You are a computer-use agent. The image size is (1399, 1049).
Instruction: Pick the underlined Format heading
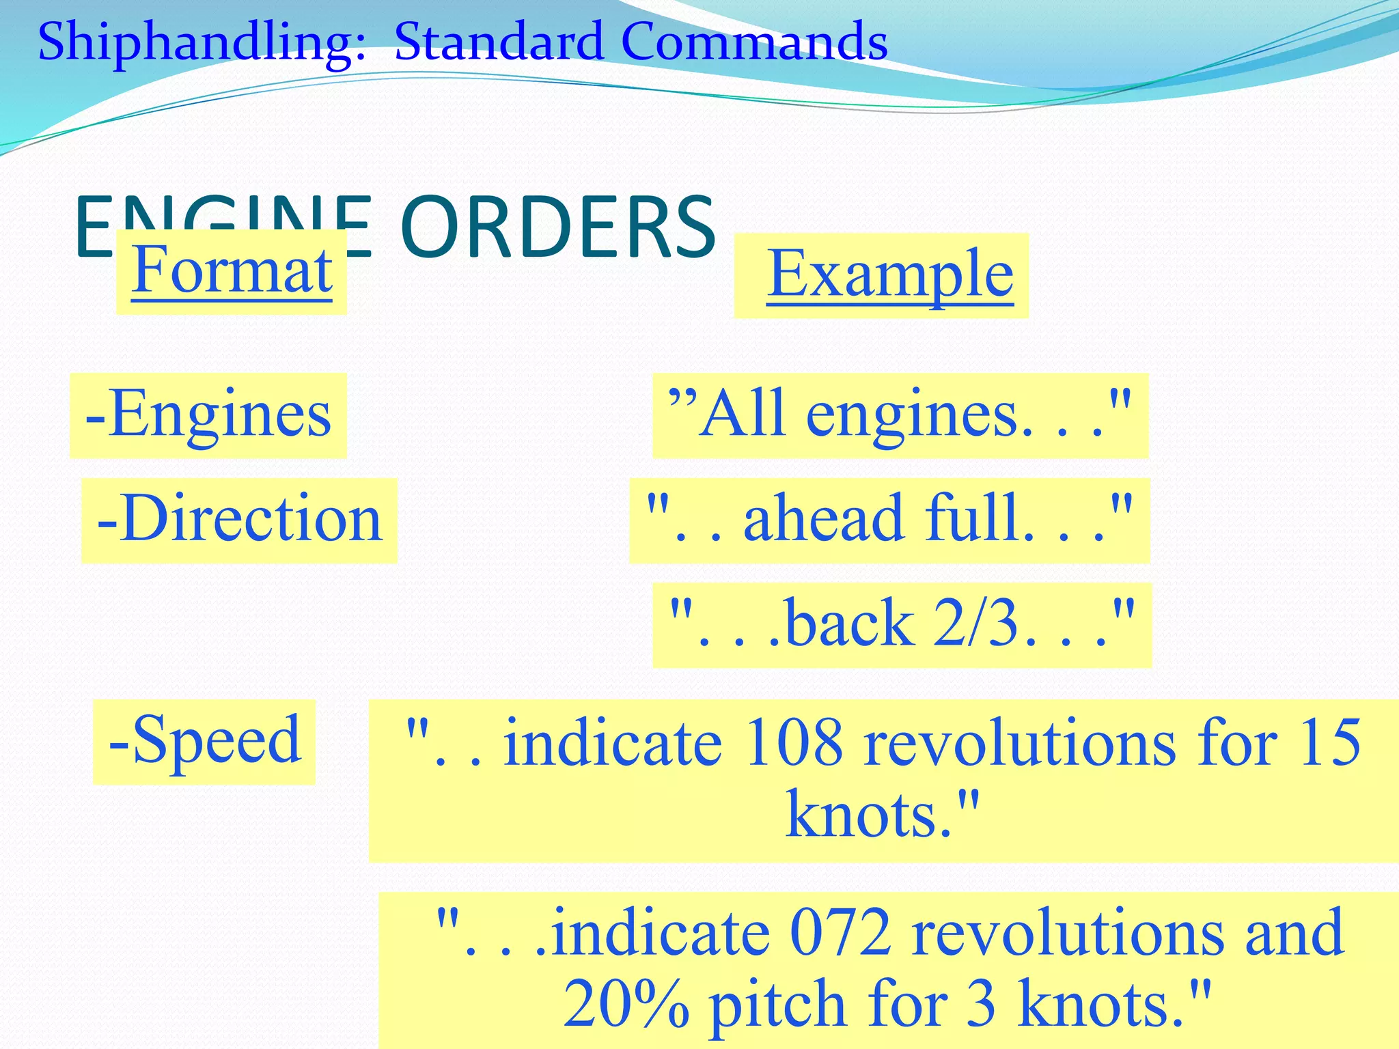pyautogui.click(x=232, y=270)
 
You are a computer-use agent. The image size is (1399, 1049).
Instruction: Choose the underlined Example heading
pyautogui.click(x=889, y=274)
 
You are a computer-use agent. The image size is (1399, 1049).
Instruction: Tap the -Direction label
pyautogui.click(x=239, y=519)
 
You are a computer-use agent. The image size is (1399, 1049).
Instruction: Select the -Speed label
pyautogui.click(x=204, y=740)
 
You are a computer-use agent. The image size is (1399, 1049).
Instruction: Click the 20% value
pyautogui.click(x=625, y=1003)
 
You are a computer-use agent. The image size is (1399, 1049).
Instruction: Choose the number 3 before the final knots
pyautogui.click(x=981, y=1003)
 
